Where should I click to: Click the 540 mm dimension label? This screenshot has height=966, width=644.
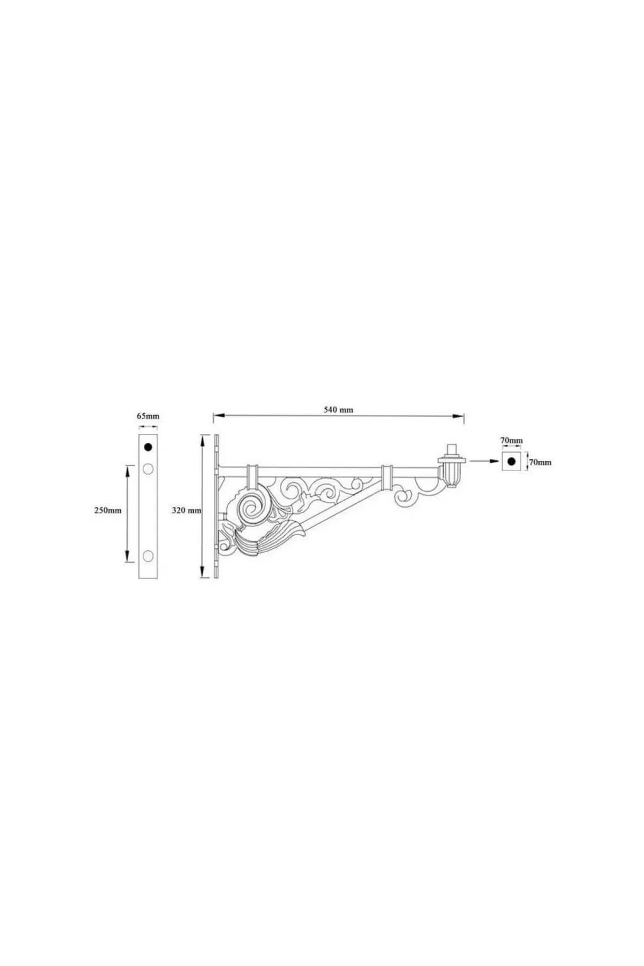click(338, 409)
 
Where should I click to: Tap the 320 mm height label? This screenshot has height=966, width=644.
click(186, 511)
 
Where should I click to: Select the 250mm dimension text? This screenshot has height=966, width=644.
click(108, 510)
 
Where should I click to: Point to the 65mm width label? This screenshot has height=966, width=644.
click(148, 416)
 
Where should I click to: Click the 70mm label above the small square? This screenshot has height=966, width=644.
click(511, 441)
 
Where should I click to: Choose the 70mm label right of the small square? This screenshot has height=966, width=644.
click(540, 462)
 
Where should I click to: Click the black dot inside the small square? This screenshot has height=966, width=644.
click(511, 462)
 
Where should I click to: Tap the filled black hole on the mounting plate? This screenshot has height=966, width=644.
click(148, 447)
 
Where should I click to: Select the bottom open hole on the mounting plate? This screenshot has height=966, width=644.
click(148, 555)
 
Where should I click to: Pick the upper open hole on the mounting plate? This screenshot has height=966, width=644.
click(148, 469)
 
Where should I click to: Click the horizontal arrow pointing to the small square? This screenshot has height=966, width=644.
click(482, 462)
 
